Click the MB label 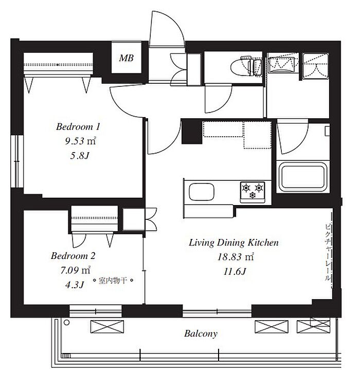[x=126, y=58]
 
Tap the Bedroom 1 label [x=78, y=127]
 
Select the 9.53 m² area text [x=80, y=141]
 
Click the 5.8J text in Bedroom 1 [x=79, y=156]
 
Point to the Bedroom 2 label [x=73, y=256]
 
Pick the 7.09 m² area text [x=75, y=270]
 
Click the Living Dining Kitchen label [x=233, y=243]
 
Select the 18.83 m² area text [x=236, y=257]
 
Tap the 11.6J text [x=235, y=271]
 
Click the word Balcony [x=201, y=333]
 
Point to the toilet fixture [x=245, y=66]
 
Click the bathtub [x=303, y=176]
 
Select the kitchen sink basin [x=202, y=192]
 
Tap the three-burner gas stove [x=253, y=191]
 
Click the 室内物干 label [x=113, y=281]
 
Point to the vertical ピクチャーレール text [x=328, y=253]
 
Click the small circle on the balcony [x=66, y=323]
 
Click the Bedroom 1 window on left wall [x=17, y=161]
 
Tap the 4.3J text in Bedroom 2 [x=75, y=285]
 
